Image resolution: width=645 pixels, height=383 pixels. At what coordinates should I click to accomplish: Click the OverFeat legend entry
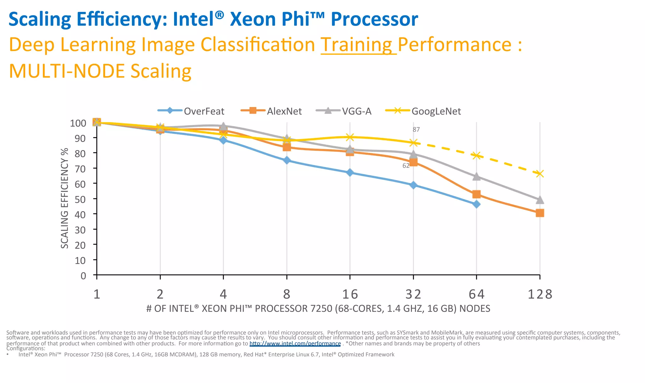coord(203,111)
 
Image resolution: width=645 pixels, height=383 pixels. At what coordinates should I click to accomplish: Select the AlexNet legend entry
coord(284,111)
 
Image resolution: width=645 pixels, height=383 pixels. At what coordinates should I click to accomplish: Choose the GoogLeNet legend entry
coord(436,111)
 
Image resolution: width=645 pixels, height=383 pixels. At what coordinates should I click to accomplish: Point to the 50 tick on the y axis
coord(80,199)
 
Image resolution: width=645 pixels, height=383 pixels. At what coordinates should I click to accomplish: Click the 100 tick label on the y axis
coord(78,123)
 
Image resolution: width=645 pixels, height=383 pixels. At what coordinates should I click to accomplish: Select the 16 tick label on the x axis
coord(350,294)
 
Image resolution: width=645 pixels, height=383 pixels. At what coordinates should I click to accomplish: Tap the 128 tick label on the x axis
coord(540,294)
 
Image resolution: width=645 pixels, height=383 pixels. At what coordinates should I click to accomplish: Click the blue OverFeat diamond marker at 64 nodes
coord(477,204)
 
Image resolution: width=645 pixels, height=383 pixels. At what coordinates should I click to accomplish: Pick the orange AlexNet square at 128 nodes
coord(540,213)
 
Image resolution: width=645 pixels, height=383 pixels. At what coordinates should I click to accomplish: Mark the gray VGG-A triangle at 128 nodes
coord(540,200)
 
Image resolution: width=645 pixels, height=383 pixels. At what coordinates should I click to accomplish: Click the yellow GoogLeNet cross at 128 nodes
coord(540,174)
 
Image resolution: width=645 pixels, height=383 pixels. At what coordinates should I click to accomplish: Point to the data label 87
coord(416,129)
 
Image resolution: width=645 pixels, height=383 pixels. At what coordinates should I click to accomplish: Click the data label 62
coord(406,166)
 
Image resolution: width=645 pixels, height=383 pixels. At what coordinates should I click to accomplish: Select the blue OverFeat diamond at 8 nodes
coord(287,161)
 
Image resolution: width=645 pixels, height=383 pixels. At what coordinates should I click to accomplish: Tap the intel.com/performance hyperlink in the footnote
coord(295,343)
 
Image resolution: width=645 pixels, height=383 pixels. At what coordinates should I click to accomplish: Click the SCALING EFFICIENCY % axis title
coord(65,198)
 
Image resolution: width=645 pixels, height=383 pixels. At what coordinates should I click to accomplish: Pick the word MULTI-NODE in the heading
coord(67,71)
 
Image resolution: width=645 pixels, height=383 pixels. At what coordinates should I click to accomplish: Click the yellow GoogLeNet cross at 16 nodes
coord(350,137)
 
